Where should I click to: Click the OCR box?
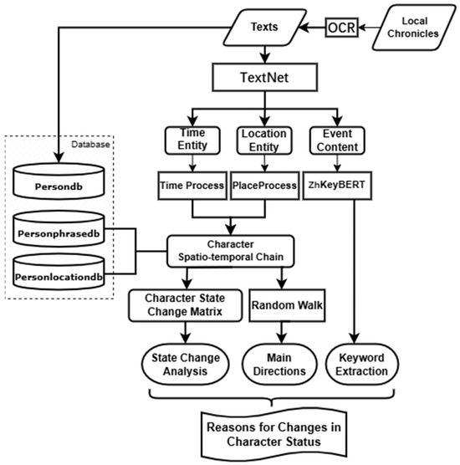point(342,28)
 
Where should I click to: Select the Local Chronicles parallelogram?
point(414,28)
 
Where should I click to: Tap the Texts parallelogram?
point(264,28)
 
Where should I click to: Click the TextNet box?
point(264,77)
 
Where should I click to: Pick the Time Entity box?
point(192,141)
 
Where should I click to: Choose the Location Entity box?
point(264,141)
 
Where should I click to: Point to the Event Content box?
point(337,141)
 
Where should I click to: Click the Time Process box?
point(192,186)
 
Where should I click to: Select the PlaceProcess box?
point(264,186)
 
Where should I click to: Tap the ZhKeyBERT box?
point(337,186)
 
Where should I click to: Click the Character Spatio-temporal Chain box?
point(231,251)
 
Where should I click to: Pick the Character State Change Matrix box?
point(186,305)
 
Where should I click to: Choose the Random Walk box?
point(287,305)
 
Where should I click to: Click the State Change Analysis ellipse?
point(186,365)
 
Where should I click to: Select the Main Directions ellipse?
point(279,365)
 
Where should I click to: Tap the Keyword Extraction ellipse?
point(362,365)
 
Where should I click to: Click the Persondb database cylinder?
point(59,181)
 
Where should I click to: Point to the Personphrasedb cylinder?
point(59,228)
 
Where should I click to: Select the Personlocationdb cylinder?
point(59,272)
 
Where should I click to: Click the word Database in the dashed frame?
point(91,145)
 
